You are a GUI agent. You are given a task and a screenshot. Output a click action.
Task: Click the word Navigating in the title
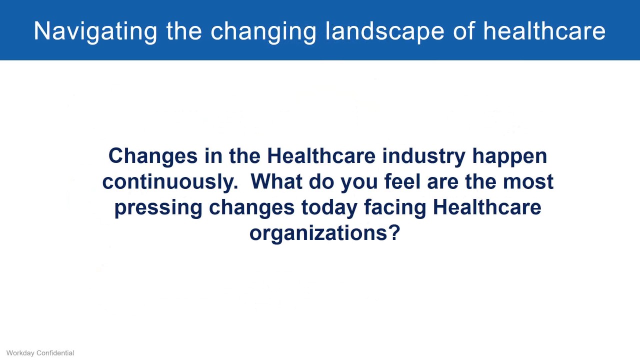coord(95,31)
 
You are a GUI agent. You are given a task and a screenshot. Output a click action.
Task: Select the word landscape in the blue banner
coord(384,31)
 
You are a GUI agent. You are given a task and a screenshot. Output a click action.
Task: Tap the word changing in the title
coord(263,31)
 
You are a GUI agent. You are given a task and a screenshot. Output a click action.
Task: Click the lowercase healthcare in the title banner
coord(544,31)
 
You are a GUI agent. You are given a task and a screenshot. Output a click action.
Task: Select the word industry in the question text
coord(424,156)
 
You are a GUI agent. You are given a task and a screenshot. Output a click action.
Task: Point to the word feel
coord(402,181)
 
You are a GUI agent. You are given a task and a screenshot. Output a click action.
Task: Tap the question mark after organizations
coord(394,232)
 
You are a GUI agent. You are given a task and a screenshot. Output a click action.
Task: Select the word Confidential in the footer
coord(57,353)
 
